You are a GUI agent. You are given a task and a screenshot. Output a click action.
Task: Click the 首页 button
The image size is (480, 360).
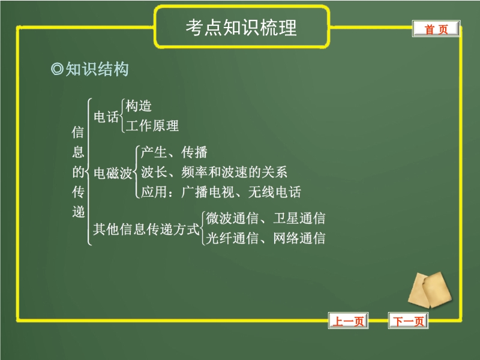436,29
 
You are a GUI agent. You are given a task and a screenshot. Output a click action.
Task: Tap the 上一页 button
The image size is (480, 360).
348,321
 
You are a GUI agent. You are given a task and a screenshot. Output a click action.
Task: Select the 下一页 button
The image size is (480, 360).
408,321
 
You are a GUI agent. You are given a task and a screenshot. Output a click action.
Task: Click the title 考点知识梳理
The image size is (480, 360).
241,28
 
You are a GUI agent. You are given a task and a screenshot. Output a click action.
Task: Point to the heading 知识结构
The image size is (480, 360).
97,68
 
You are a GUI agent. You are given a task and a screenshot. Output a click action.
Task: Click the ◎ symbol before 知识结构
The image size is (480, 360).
57,69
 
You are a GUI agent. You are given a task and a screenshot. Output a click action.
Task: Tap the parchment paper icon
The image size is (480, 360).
430,290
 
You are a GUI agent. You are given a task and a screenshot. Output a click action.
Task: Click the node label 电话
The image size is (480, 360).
106,116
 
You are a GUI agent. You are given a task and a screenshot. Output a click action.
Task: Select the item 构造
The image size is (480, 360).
139,106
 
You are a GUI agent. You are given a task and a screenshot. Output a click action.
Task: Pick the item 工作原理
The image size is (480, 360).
152,125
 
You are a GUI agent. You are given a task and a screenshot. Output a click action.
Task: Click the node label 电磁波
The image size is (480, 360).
113,173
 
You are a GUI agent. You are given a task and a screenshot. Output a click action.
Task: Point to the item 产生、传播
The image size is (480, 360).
174,152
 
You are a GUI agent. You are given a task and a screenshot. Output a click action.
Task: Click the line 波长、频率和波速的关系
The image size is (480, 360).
214,172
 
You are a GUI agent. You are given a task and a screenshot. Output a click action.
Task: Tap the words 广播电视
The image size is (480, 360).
208,192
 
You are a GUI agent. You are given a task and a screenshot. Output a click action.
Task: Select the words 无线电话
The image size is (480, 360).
275,192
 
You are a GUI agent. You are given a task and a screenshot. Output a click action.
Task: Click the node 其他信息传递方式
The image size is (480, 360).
146,229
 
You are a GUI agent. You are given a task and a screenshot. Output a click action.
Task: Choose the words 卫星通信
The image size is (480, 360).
299,218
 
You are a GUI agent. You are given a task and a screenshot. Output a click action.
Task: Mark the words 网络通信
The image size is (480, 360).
299,238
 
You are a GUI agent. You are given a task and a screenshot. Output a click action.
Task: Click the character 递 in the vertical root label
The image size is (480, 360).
79,212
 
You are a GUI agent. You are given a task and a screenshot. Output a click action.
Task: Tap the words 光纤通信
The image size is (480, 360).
232,238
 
